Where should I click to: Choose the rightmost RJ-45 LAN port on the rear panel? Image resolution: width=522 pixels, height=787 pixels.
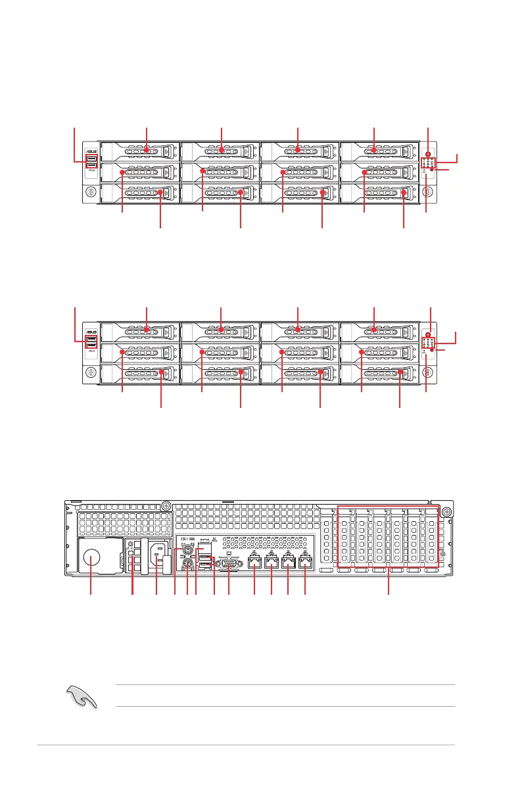click(304, 563)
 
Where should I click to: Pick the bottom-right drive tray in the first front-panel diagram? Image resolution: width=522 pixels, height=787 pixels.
click(379, 193)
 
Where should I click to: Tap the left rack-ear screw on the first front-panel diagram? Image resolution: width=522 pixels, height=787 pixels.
click(91, 193)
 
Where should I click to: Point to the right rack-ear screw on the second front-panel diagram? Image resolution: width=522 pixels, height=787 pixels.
click(427, 372)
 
